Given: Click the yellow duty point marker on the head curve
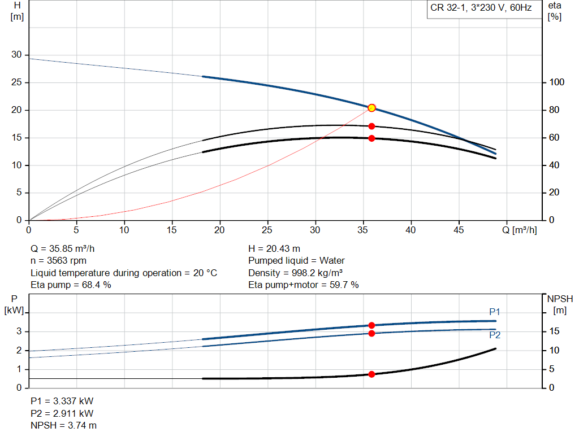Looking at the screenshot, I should (371, 108).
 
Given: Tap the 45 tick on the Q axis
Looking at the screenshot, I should (459, 230).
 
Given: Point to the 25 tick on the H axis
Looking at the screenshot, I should (17, 82).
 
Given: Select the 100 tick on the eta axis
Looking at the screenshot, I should (558, 82).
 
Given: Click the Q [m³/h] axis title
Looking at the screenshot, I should (521, 230).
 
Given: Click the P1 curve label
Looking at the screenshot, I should (495, 312).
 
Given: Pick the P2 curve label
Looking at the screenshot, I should (495, 335).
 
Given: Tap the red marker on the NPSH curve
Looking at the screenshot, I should (371, 374).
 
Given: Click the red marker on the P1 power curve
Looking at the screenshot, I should (371, 325).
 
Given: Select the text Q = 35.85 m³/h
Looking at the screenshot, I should (67, 248).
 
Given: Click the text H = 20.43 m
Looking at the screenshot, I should (275, 248).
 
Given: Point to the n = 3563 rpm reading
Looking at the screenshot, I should (58, 261).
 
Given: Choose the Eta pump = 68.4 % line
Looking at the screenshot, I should (71, 285).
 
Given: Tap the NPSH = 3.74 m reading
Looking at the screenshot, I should (63, 425).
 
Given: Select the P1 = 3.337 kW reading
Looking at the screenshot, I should (62, 401).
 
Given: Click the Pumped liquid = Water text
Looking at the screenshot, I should (296, 261).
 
